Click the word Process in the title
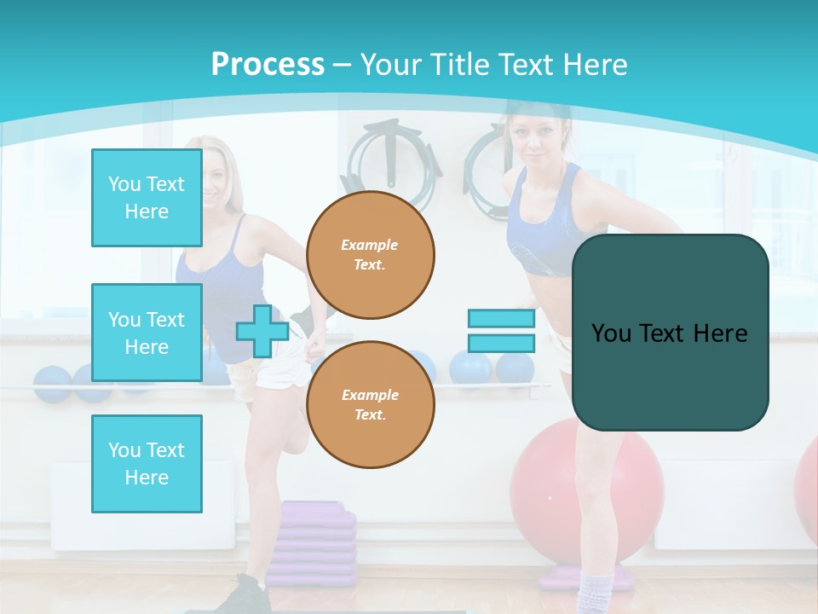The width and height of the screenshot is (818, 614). pyautogui.click(x=268, y=65)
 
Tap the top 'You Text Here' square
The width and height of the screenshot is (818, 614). pyautogui.click(x=147, y=198)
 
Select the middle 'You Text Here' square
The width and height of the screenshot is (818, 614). pyautogui.click(x=147, y=333)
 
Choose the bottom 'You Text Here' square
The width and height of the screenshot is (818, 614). pyautogui.click(x=147, y=464)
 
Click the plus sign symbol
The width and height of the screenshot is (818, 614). pyautogui.click(x=262, y=331)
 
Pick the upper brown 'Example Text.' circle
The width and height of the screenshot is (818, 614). pyautogui.click(x=370, y=255)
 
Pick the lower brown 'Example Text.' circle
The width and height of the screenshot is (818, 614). pyautogui.click(x=370, y=405)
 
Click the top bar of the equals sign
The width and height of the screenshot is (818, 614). pyautogui.click(x=501, y=319)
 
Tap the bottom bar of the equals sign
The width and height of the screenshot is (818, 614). pyautogui.click(x=501, y=344)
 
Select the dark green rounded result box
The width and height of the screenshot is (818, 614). pyautogui.click(x=670, y=333)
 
